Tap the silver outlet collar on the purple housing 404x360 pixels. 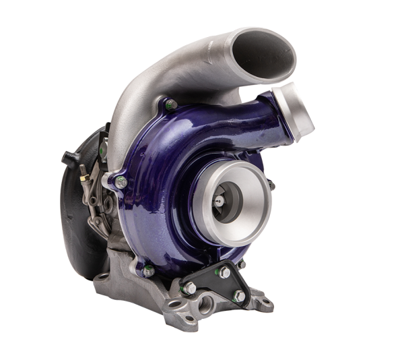point(296,107)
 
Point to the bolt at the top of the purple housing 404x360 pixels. point(169,104)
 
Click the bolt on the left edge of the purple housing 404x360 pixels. point(121,180)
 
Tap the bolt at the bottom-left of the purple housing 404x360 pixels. point(149,270)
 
